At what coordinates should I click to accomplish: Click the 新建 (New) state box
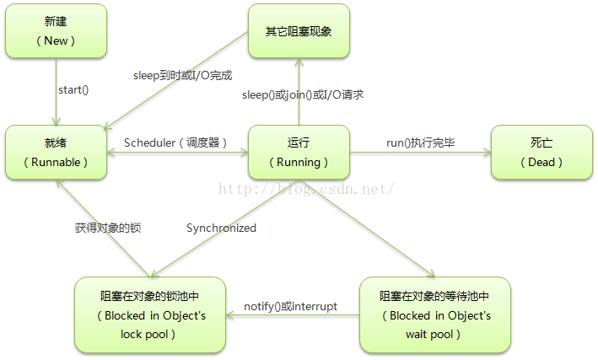pos(56,30)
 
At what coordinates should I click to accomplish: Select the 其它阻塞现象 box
pos(299,30)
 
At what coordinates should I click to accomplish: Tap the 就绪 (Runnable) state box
pos(56,152)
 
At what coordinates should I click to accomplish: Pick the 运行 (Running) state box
pos(299,152)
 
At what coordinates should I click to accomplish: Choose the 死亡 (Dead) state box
pos(541,152)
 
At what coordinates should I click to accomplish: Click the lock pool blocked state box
pos(149,314)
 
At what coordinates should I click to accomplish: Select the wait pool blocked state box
pos(434,314)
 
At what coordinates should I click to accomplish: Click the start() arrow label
pos(73,89)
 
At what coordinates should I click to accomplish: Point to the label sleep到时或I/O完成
pos(182,75)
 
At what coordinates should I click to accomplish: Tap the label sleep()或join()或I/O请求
pos(303,94)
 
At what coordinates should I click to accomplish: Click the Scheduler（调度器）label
pos(176,142)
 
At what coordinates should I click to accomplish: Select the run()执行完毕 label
pos(421,142)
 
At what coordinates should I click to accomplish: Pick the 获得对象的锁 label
pos(107,228)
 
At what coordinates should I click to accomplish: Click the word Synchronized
pos(221,228)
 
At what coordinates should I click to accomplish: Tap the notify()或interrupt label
pos(290,306)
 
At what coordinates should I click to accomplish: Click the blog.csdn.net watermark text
pos(307,188)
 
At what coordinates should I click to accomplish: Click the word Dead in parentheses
pos(541,162)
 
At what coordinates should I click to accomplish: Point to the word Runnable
pos(56,162)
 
